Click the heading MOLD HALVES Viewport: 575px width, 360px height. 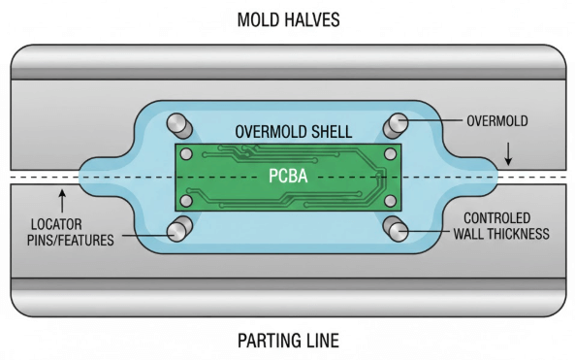(287, 18)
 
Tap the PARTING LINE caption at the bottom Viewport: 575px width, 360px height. (287, 341)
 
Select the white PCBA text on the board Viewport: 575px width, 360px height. (287, 178)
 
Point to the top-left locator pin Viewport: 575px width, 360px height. (178, 125)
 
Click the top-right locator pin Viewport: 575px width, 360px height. (397, 125)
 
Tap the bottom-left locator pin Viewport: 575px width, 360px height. (178, 229)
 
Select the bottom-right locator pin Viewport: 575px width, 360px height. (397, 229)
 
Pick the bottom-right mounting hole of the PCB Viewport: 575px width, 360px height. (390, 201)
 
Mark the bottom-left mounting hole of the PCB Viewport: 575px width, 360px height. (184, 201)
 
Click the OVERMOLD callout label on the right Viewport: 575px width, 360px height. (496, 121)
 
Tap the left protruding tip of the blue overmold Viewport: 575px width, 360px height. (82, 178)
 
